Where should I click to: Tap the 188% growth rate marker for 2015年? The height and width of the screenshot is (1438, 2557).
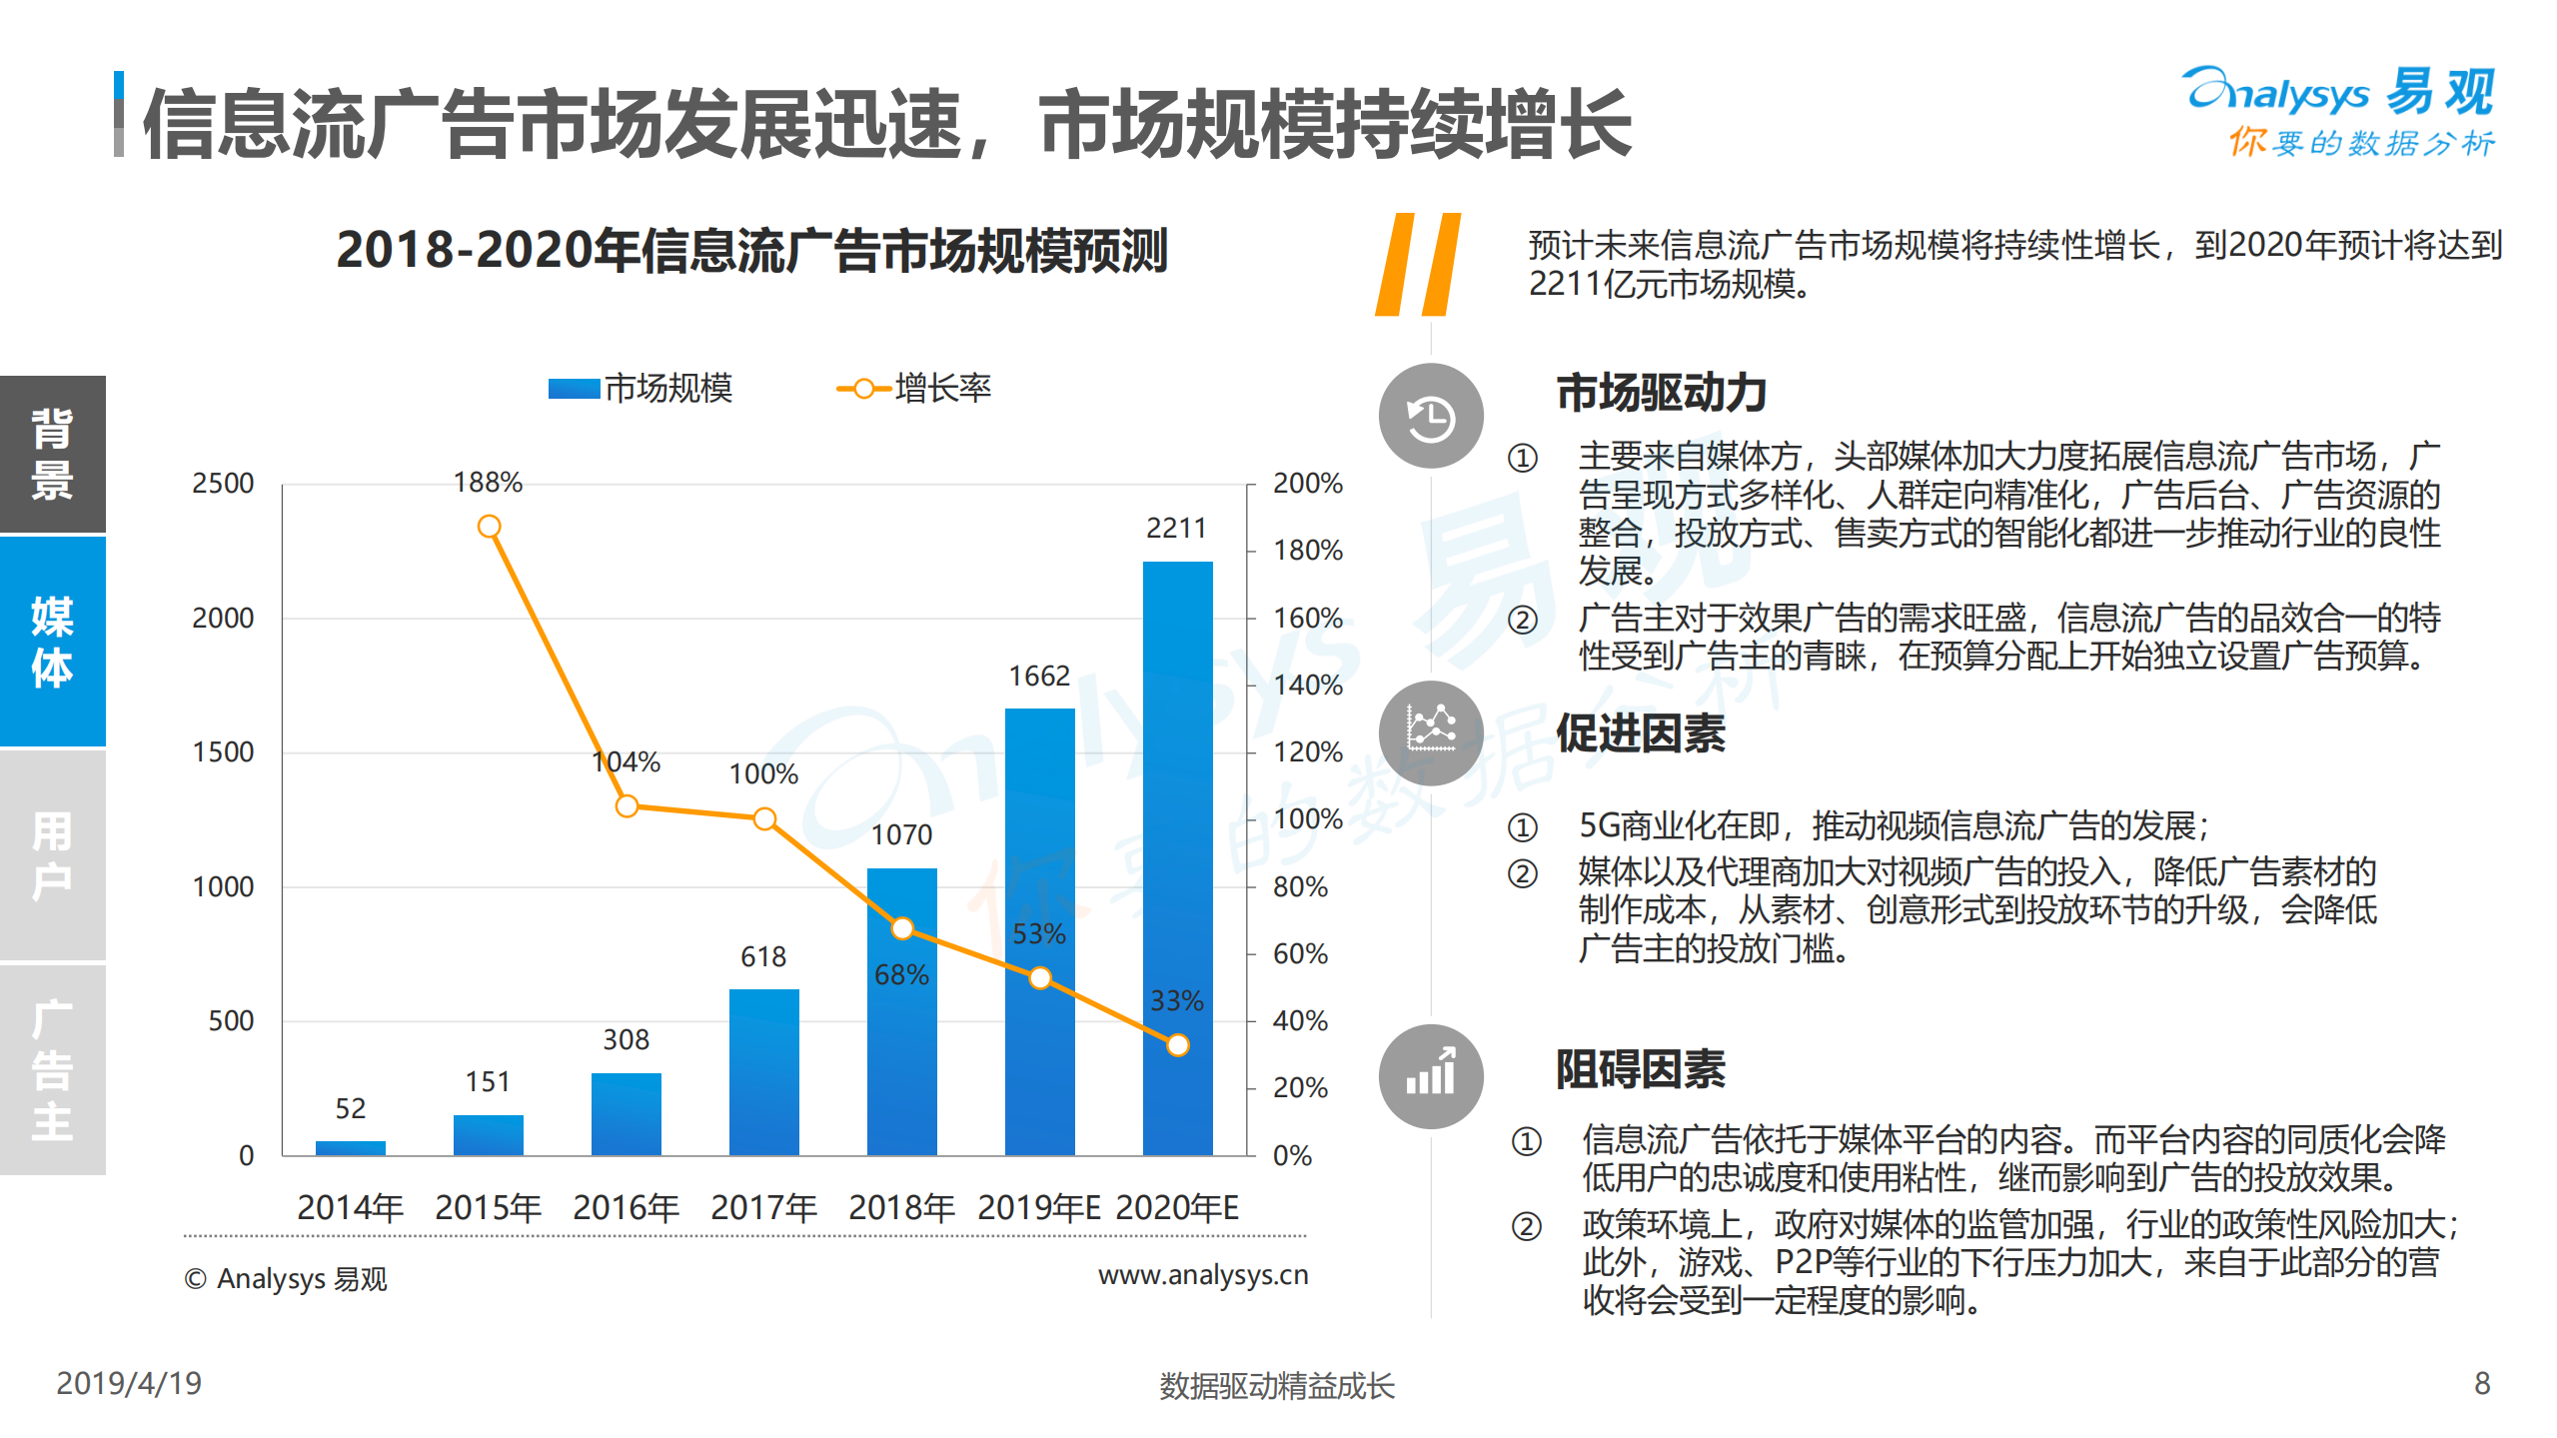pyautogui.click(x=489, y=527)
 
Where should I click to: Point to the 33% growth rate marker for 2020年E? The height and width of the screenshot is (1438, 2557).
pyautogui.click(x=1178, y=1045)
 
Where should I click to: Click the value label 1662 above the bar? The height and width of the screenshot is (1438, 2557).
pyautogui.click(x=1039, y=677)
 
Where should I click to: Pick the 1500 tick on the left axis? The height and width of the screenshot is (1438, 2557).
pyautogui.click(x=223, y=752)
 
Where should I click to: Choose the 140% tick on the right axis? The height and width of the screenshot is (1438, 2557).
pyautogui.click(x=1307, y=686)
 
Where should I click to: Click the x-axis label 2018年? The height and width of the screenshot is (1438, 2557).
pyautogui.click(x=901, y=1208)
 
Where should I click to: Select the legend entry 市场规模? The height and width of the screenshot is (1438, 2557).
pyautogui.click(x=639, y=388)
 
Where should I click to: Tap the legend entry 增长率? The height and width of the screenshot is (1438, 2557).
pyautogui.click(x=913, y=388)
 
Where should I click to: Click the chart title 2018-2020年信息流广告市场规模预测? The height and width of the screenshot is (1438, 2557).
pyautogui.click(x=751, y=250)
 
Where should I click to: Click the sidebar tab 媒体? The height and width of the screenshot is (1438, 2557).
pyautogui.click(x=52, y=642)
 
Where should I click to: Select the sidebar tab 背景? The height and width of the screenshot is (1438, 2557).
pyautogui.click(x=52, y=454)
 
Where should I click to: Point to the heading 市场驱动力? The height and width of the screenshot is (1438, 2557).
pyautogui.click(x=1661, y=393)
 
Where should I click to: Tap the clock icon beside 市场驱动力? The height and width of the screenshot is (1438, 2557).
pyautogui.click(x=1430, y=417)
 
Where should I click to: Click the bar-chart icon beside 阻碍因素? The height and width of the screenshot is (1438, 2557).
pyautogui.click(x=1430, y=1076)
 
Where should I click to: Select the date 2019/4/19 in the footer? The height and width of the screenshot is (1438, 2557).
pyautogui.click(x=129, y=1383)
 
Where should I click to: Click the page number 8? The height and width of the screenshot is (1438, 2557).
pyautogui.click(x=2481, y=1383)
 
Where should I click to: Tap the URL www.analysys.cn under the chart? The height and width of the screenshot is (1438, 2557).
pyautogui.click(x=1202, y=1275)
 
